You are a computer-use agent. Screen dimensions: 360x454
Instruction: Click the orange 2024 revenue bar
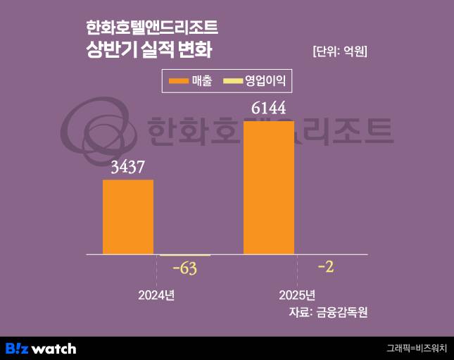coord(128,216)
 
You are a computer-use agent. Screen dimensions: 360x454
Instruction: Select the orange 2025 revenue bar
coord(269,187)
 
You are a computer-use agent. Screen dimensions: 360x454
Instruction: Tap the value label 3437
coord(127,168)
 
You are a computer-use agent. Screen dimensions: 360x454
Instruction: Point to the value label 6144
coord(269,108)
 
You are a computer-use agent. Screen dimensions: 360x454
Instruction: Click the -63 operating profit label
coord(184,268)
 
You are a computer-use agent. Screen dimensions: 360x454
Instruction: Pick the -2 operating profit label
coord(326,266)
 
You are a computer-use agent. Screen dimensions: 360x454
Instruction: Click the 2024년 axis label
coord(156,294)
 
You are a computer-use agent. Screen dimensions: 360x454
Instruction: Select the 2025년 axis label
coord(297,294)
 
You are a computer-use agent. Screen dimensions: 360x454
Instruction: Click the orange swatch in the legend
coord(179,81)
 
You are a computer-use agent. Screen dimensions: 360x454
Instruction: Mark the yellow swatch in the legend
coord(232,81)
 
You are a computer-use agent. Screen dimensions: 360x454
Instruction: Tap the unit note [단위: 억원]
coord(339,51)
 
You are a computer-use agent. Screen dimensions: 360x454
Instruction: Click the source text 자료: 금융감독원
coord(328,312)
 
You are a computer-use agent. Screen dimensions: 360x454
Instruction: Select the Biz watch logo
coord(41,348)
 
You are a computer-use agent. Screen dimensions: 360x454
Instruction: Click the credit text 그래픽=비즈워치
coord(417,348)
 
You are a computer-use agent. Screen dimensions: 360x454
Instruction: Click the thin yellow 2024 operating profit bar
coord(184,255)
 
